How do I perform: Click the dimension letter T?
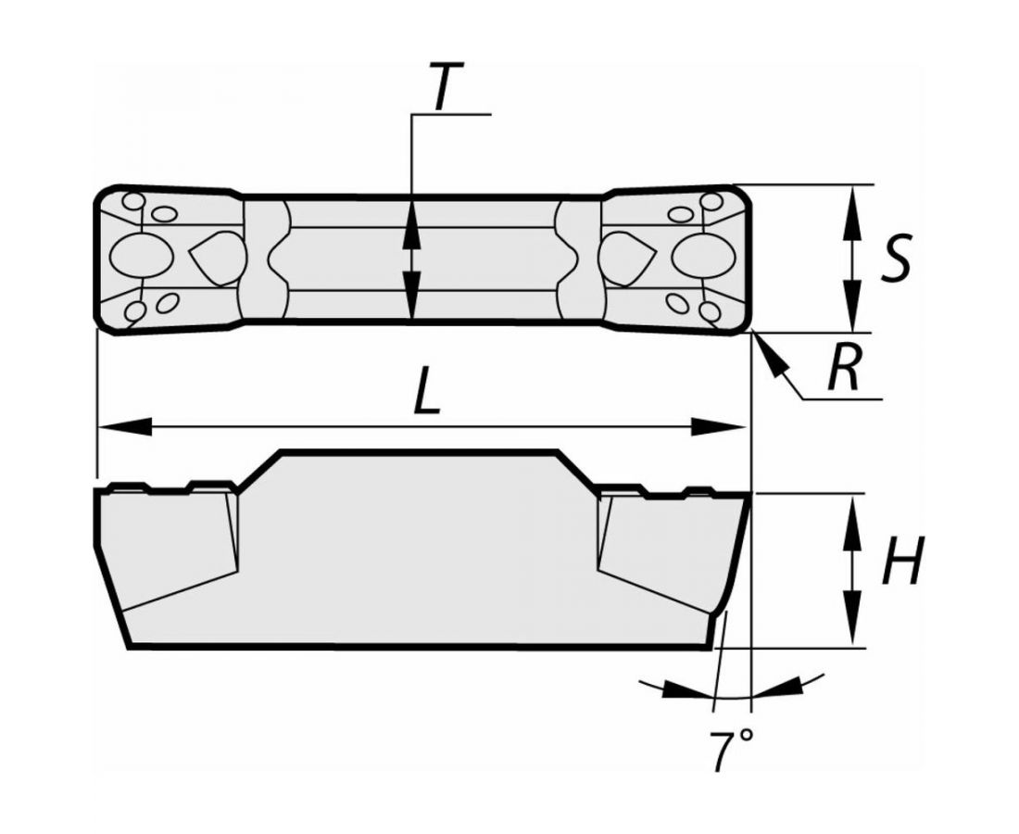(x=447, y=86)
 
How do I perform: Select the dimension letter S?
(x=895, y=257)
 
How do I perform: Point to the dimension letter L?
(x=427, y=389)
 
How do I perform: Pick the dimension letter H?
(x=901, y=561)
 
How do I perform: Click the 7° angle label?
(x=731, y=751)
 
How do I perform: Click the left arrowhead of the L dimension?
(x=123, y=427)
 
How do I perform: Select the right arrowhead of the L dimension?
(x=719, y=427)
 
